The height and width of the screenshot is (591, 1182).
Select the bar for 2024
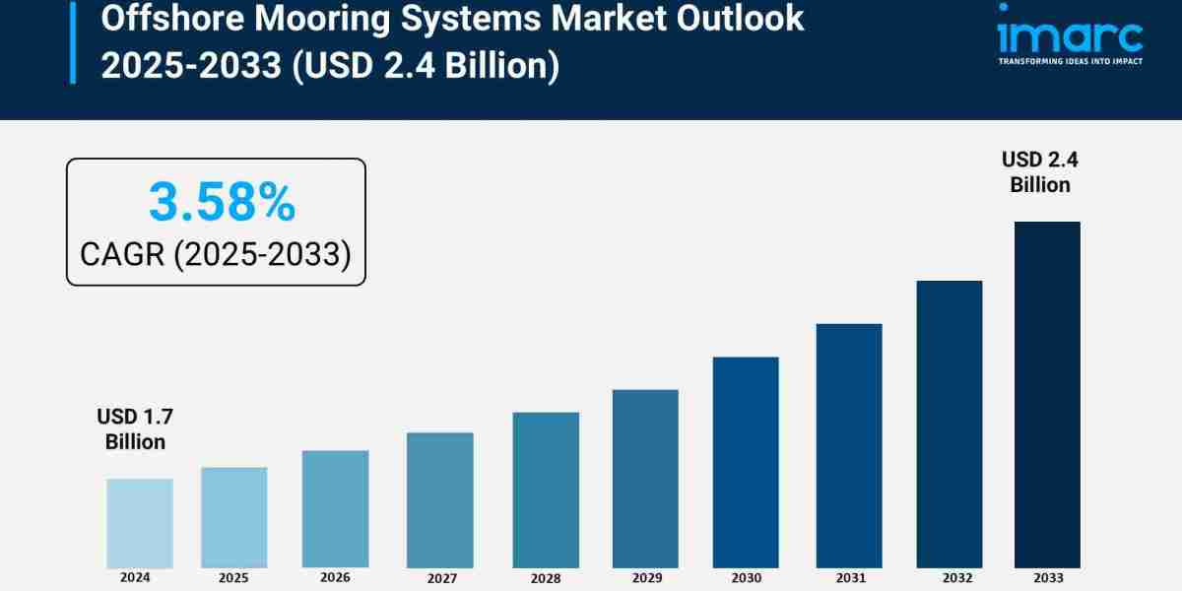pyautogui.click(x=139, y=523)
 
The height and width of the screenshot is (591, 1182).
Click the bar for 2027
pyautogui.click(x=439, y=500)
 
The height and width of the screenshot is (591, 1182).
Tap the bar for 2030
pyautogui.click(x=746, y=462)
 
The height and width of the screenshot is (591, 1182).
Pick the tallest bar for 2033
pyautogui.click(x=1047, y=394)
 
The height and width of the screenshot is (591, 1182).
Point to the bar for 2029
pyautogui.click(x=645, y=479)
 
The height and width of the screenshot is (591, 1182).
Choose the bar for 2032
pyautogui.click(x=950, y=424)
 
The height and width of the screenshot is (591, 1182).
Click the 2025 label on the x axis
pyautogui.click(x=233, y=577)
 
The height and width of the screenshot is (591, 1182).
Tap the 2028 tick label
pyautogui.click(x=545, y=578)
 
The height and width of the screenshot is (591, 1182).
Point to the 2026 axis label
pyautogui.click(x=334, y=578)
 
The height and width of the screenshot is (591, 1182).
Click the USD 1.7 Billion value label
pyautogui.click(x=135, y=428)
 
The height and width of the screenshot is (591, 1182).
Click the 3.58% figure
pyautogui.click(x=222, y=202)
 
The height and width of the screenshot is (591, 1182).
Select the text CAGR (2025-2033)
pyautogui.click(x=216, y=254)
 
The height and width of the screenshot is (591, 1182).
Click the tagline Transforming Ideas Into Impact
pyautogui.click(x=1070, y=61)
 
